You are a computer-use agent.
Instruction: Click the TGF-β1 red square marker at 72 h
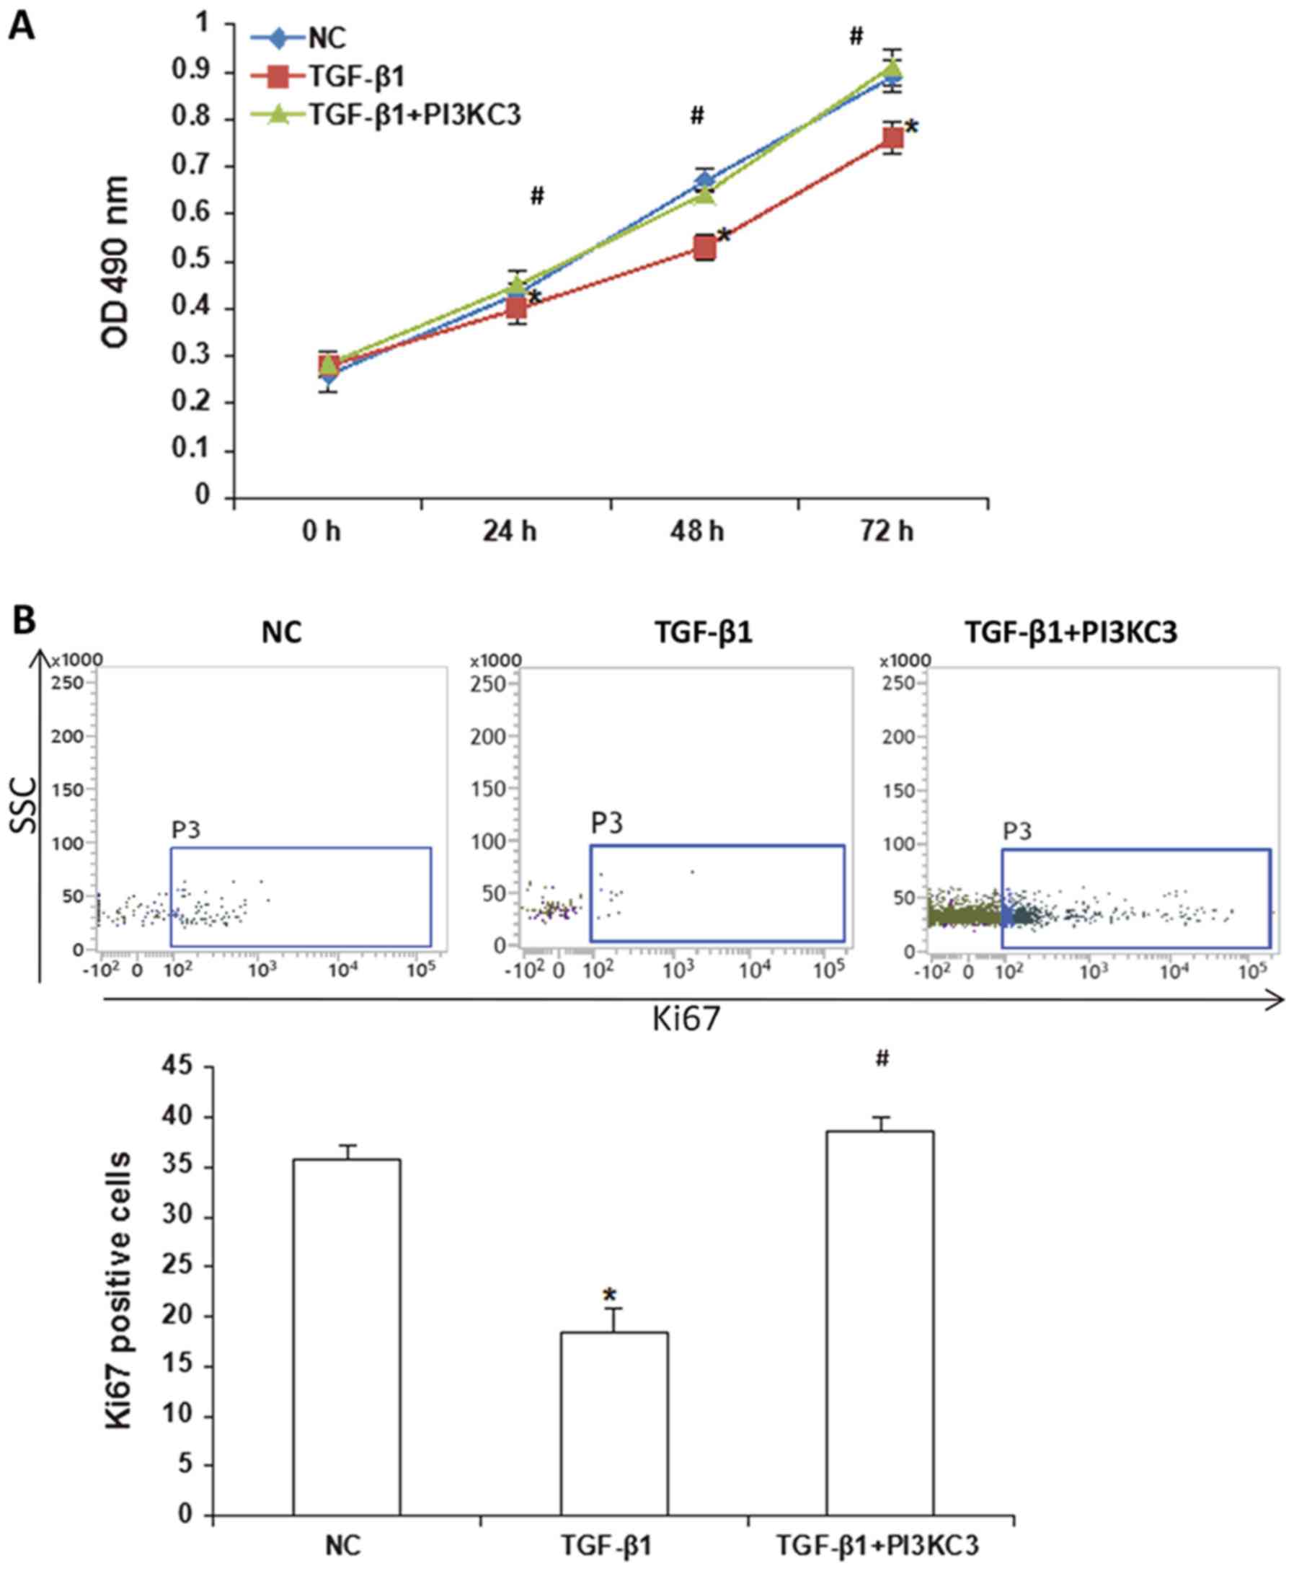point(893,138)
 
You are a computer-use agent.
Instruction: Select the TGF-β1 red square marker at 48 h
point(704,247)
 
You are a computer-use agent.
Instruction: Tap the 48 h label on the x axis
point(697,531)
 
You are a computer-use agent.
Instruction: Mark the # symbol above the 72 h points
point(856,35)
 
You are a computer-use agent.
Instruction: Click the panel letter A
point(22,27)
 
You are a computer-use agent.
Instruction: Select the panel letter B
point(22,620)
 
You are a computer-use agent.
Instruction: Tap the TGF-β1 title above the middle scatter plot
point(704,633)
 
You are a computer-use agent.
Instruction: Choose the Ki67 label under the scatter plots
point(686,1019)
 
